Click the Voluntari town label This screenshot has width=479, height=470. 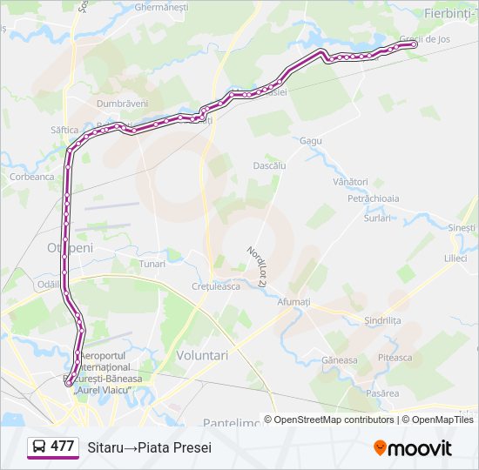pyautogui.click(x=202, y=355)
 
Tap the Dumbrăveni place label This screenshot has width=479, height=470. pyautogui.click(x=122, y=103)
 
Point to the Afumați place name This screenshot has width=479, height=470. pyautogui.click(x=293, y=301)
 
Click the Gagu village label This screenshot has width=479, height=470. pyautogui.click(x=310, y=140)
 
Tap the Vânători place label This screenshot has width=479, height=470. pyautogui.click(x=351, y=182)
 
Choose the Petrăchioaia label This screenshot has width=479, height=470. pyautogui.click(x=374, y=198)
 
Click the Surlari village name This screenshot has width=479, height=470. pyautogui.click(x=378, y=218)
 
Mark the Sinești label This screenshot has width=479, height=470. pyautogui.click(x=462, y=227)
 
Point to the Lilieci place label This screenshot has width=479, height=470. pyautogui.click(x=455, y=258)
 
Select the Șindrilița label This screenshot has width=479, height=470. pyautogui.click(x=383, y=320)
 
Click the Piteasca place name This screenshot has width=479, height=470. pyautogui.click(x=395, y=358)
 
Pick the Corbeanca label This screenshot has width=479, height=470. pyautogui.click(x=31, y=176)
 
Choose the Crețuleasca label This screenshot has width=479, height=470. pyautogui.click(x=215, y=286)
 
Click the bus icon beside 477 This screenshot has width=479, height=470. pyautogui.click(x=39, y=446)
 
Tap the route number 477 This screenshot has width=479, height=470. pyautogui.click(x=62, y=446)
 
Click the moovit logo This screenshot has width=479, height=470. pyautogui.click(x=413, y=448)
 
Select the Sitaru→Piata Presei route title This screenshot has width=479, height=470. pyautogui.click(x=149, y=446)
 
